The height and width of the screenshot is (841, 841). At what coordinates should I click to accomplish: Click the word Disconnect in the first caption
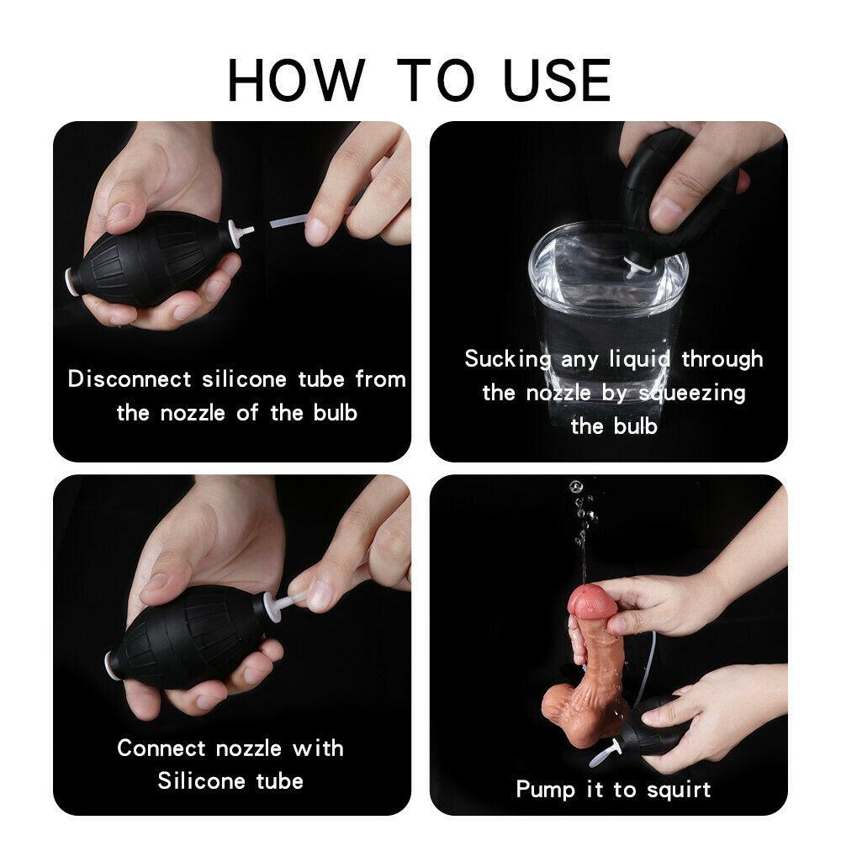point(130,378)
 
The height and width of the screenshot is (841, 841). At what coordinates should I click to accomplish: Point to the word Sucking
point(508,359)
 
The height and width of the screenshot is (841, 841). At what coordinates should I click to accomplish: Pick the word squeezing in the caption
point(691,393)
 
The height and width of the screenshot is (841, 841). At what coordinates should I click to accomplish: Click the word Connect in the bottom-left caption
point(161,748)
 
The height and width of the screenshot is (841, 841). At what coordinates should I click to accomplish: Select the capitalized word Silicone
point(200,780)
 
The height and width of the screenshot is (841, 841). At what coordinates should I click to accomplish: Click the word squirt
point(678,791)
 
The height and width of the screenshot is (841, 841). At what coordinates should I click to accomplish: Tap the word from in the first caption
point(380,378)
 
